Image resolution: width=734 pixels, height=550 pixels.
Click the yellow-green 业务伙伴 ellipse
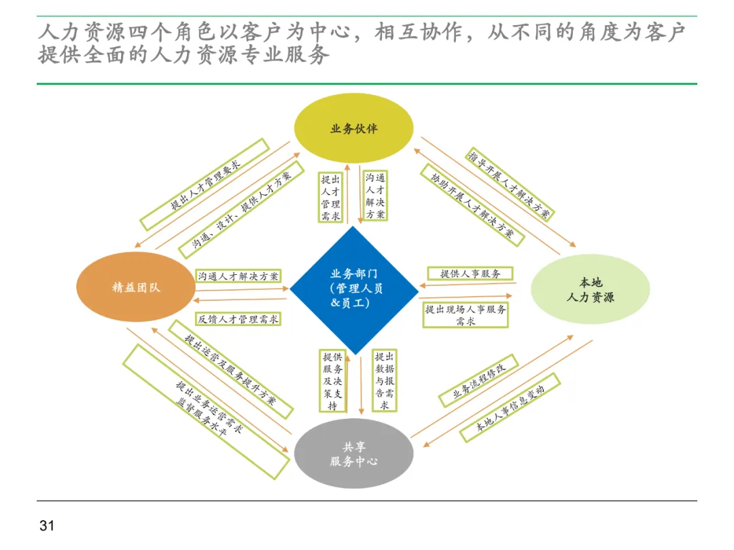(353, 128)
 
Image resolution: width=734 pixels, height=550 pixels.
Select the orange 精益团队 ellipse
(136, 287)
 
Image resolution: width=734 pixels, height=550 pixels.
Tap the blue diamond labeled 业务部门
(354, 290)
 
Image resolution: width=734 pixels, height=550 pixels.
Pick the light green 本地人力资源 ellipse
(589, 289)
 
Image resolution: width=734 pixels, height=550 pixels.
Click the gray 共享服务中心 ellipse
(353, 454)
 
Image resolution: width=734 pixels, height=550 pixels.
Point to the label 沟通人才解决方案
(239, 276)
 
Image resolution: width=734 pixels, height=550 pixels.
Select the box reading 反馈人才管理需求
(239, 318)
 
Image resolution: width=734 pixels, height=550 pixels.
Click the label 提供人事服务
(470, 274)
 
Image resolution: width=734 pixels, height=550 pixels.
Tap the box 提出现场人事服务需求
(466, 315)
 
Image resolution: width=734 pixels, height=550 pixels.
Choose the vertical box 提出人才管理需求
(331, 198)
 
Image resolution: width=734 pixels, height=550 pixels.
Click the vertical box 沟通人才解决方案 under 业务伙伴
(375, 196)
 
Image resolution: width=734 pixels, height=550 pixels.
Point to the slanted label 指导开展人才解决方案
(510, 183)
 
